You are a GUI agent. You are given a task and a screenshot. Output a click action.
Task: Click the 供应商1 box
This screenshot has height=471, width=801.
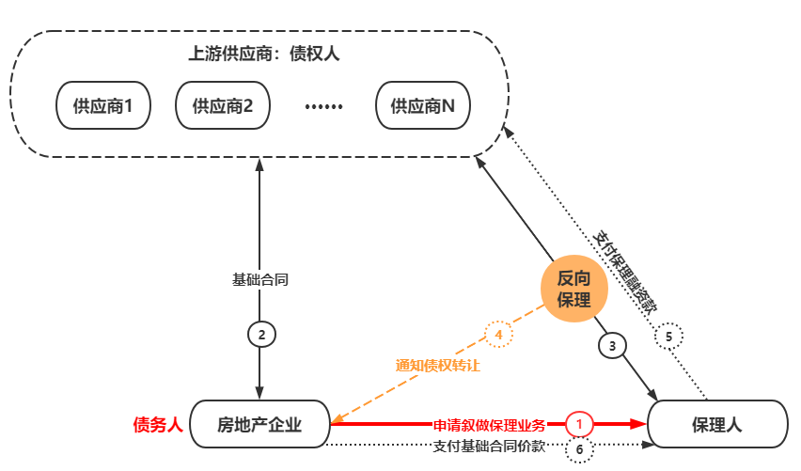[103, 106]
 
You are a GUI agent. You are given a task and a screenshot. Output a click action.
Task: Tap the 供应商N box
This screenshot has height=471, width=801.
[423, 106]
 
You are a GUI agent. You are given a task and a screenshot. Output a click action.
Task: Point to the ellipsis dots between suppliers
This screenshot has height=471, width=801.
[323, 106]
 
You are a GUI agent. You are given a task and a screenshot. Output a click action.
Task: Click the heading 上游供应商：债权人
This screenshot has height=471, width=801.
[263, 54]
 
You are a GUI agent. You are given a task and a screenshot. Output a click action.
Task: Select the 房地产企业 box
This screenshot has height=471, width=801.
[259, 424]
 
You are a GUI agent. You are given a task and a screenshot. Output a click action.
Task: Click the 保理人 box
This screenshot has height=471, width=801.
[717, 424]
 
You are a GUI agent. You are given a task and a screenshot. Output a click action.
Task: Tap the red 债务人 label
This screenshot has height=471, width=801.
[157, 425]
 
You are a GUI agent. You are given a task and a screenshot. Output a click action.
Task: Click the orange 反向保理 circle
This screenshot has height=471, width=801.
[573, 289]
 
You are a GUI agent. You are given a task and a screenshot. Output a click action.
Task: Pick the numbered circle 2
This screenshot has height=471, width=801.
[262, 334]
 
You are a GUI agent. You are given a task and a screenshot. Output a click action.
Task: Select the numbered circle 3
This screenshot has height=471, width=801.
[612, 345]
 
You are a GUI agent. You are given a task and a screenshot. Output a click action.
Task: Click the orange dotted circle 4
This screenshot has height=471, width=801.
[498, 334]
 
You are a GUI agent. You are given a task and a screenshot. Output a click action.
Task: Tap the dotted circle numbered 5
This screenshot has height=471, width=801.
[668, 336]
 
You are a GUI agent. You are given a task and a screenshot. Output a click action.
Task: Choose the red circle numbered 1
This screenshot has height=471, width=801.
[580, 424]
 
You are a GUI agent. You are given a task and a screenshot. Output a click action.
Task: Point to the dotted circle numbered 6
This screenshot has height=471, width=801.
[579, 449]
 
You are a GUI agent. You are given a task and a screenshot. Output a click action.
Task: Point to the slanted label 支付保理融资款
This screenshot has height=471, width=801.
[627, 268]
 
